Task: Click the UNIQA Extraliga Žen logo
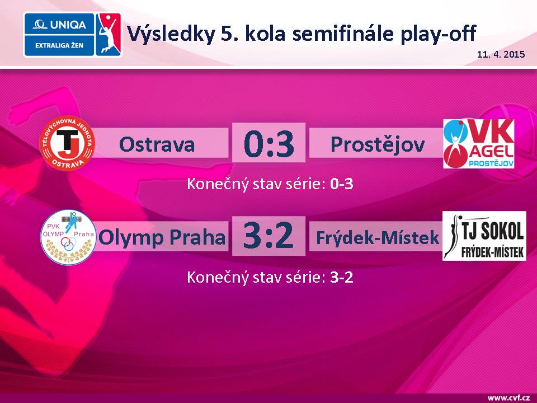(x=72, y=35)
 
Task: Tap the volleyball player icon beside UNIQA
(x=108, y=35)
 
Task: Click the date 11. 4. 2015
(x=501, y=54)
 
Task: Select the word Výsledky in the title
(x=171, y=34)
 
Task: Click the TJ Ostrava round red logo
(x=68, y=143)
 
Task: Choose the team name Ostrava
(x=157, y=144)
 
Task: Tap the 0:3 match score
(x=269, y=144)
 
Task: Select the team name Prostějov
(x=378, y=144)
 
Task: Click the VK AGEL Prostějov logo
(x=479, y=144)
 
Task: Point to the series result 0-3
(x=341, y=184)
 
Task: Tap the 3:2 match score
(x=268, y=236)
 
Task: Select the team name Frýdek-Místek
(x=378, y=237)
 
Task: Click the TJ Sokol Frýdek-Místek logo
(x=484, y=236)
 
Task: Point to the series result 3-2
(x=341, y=277)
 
